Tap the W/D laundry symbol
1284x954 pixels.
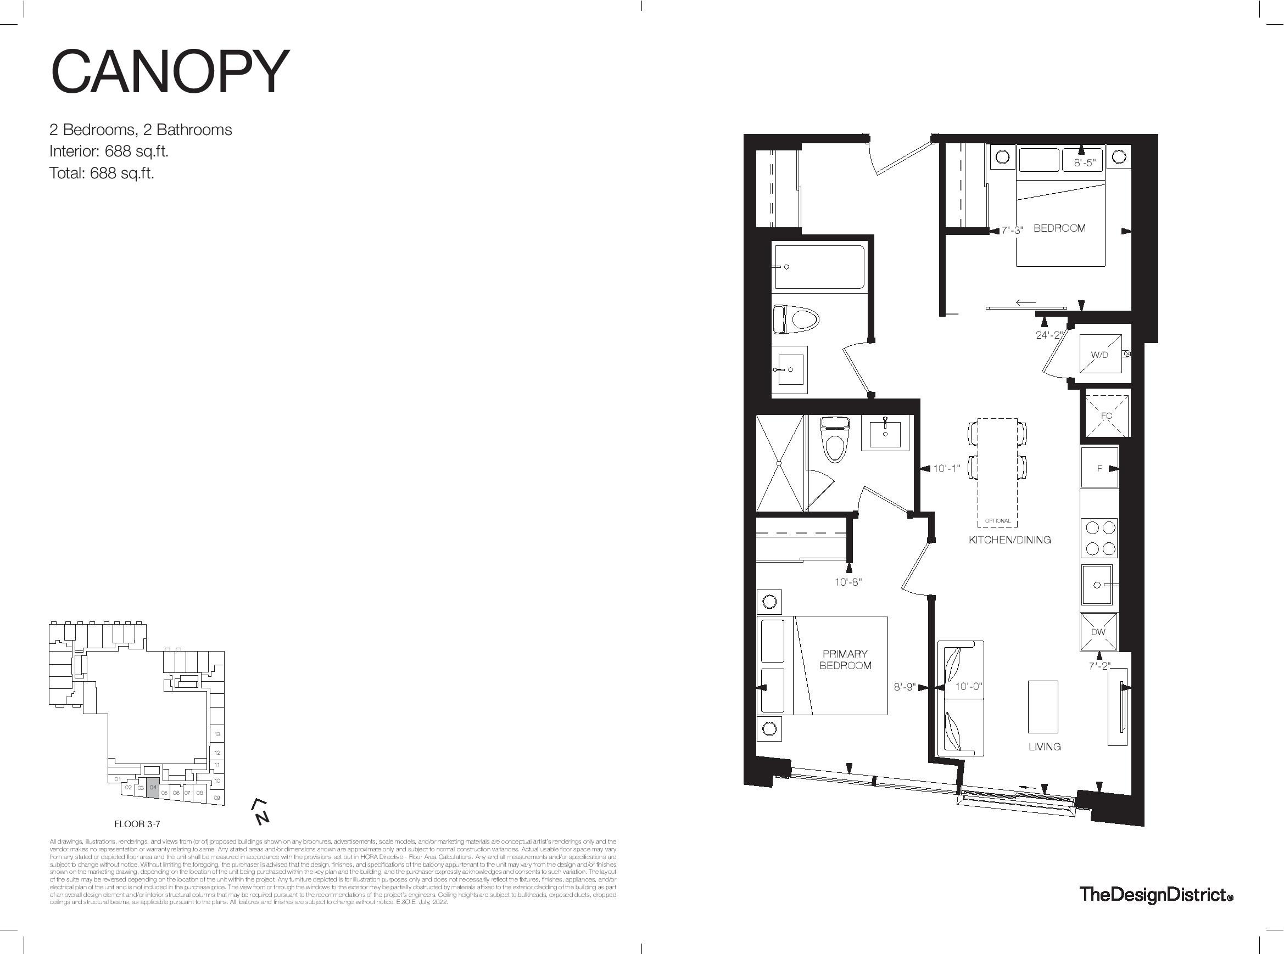pos(1099,355)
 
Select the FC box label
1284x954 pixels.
pos(1106,416)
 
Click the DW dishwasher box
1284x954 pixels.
pos(1098,632)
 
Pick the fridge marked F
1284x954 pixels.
pos(1099,468)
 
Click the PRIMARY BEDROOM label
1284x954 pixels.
pos(845,659)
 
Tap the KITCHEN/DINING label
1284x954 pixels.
pos(1009,540)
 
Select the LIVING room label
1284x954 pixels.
pos(1044,747)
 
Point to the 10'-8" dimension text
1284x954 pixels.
pos(848,582)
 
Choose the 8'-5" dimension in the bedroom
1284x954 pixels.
pos(1085,163)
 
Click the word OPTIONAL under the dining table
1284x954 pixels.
pos(998,521)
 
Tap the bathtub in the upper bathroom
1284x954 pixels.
pos(819,267)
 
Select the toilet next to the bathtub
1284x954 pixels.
pos(796,319)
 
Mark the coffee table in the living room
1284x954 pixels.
pos(1043,706)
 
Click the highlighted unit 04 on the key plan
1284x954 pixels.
pos(153,789)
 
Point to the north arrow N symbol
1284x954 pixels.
pos(261,813)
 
